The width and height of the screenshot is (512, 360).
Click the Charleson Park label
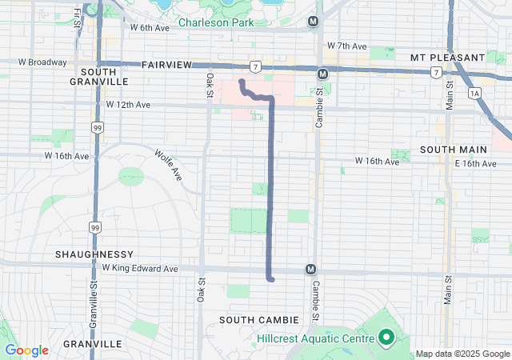(x=215, y=22)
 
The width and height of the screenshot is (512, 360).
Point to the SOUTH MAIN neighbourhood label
(x=448, y=150)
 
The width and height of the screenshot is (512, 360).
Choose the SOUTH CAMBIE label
(x=258, y=320)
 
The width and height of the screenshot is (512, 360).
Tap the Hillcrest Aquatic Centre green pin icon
(x=385, y=338)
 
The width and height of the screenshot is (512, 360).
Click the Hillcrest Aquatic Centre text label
(x=315, y=339)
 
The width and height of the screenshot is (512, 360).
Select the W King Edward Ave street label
(x=140, y=269)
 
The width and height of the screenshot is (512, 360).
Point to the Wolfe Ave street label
(x=170, y=164)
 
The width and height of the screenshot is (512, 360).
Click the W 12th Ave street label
(x=128, y=105)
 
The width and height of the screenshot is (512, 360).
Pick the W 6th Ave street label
(x=150, y=27)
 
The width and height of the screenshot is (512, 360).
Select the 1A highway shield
(x=476, y=94)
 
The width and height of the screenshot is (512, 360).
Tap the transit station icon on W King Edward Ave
(x=311, y=270)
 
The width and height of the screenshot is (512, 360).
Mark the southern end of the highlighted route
(x=272, y=279)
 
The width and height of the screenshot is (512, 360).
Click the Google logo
(x=26, y=350)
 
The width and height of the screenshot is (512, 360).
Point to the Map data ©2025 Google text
(x=462, y=354)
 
